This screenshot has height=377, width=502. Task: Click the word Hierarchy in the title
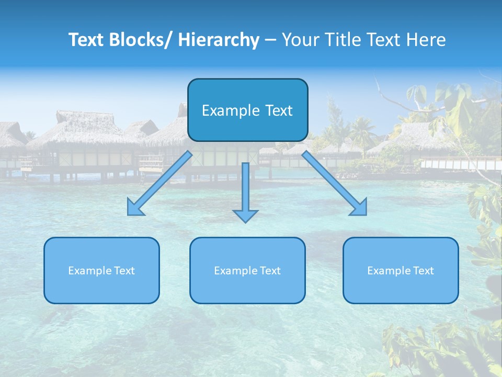(x=219, y=40)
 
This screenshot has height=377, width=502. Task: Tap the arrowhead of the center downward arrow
(x=245, y=216)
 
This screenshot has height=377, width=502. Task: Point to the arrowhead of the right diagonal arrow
(x=359, y=208)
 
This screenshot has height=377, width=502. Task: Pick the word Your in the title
(x=300, y=40)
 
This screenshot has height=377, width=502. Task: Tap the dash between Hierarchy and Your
(x=270, y=40)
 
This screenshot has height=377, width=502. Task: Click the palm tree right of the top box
(x=361, y=131)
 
